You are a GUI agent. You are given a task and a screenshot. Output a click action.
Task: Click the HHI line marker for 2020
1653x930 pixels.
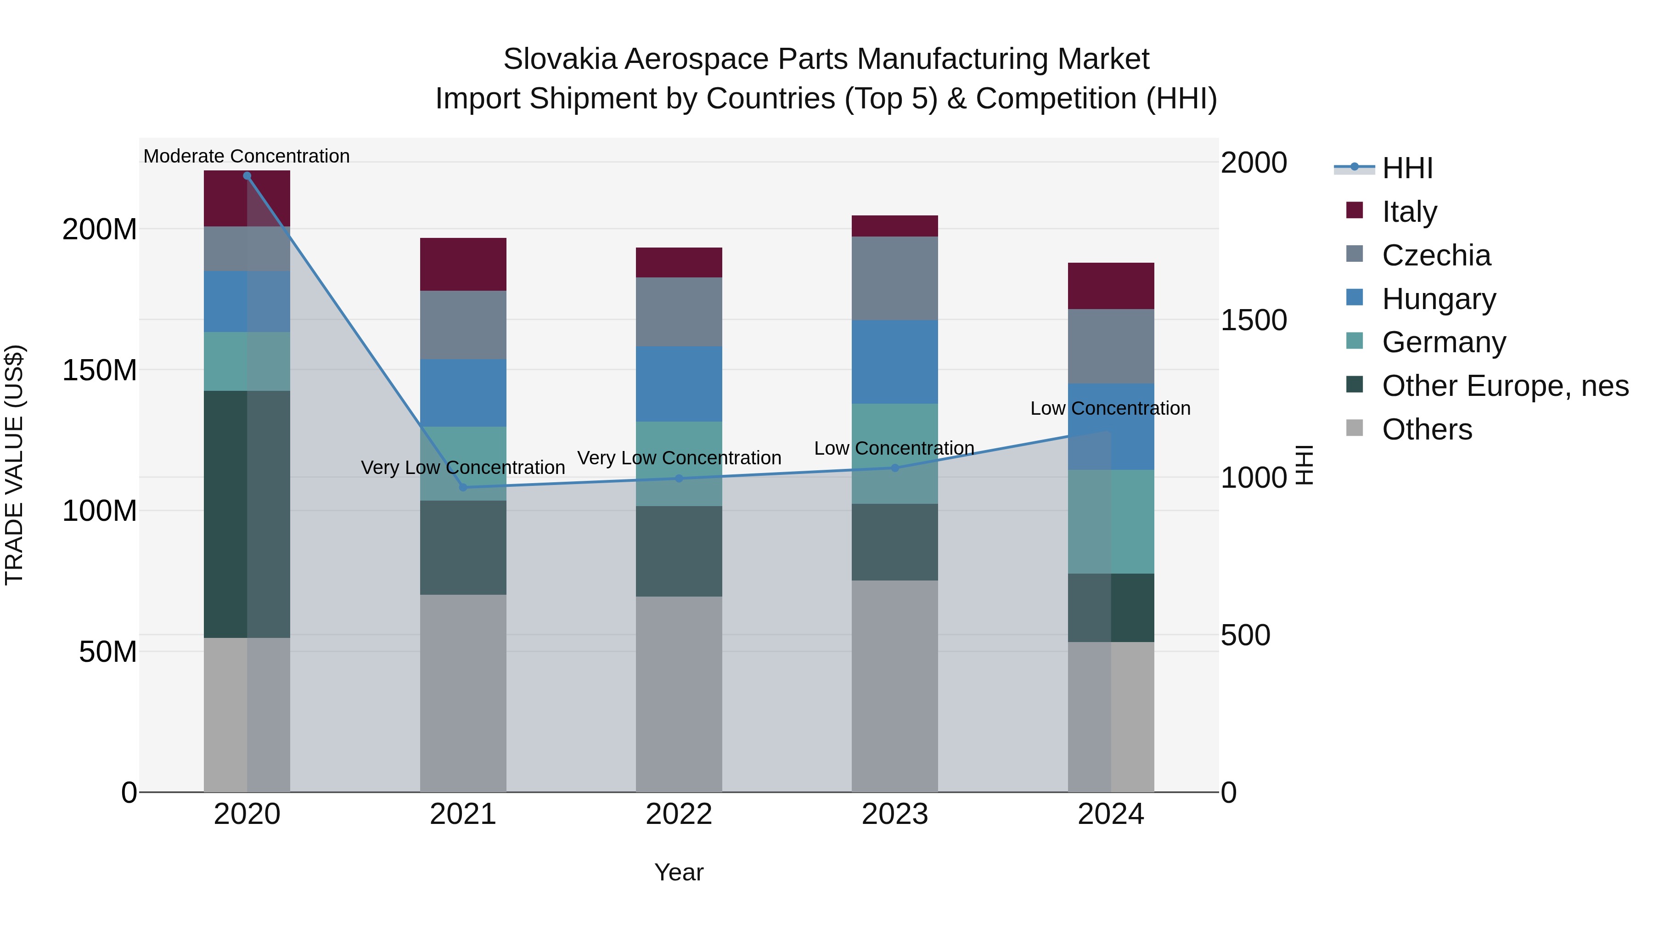247,176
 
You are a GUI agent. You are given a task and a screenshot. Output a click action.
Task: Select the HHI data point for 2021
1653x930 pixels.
463,488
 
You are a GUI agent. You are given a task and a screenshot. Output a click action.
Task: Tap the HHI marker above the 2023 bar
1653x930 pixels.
895,468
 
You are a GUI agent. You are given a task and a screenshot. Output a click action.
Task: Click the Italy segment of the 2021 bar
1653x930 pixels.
463,265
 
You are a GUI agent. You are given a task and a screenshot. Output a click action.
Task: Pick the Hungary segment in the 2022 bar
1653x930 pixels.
679,384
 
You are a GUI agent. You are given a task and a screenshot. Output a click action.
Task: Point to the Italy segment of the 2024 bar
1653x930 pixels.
1111,286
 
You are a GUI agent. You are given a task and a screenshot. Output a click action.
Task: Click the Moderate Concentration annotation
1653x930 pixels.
247,156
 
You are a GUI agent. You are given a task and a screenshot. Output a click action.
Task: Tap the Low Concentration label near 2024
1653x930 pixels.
1110,408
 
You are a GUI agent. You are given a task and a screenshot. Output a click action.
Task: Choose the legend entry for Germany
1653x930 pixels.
1444,342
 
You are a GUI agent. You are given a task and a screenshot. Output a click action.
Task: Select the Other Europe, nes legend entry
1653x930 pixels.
1505,386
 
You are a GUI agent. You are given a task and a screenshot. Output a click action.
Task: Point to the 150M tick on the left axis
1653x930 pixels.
100,370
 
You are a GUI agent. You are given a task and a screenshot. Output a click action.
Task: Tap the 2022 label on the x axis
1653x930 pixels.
679,814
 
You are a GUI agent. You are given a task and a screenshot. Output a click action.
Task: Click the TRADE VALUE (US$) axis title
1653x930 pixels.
14,465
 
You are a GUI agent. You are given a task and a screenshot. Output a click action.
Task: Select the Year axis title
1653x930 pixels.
679,872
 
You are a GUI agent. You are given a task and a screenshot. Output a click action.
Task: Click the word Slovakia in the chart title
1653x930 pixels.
560,59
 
